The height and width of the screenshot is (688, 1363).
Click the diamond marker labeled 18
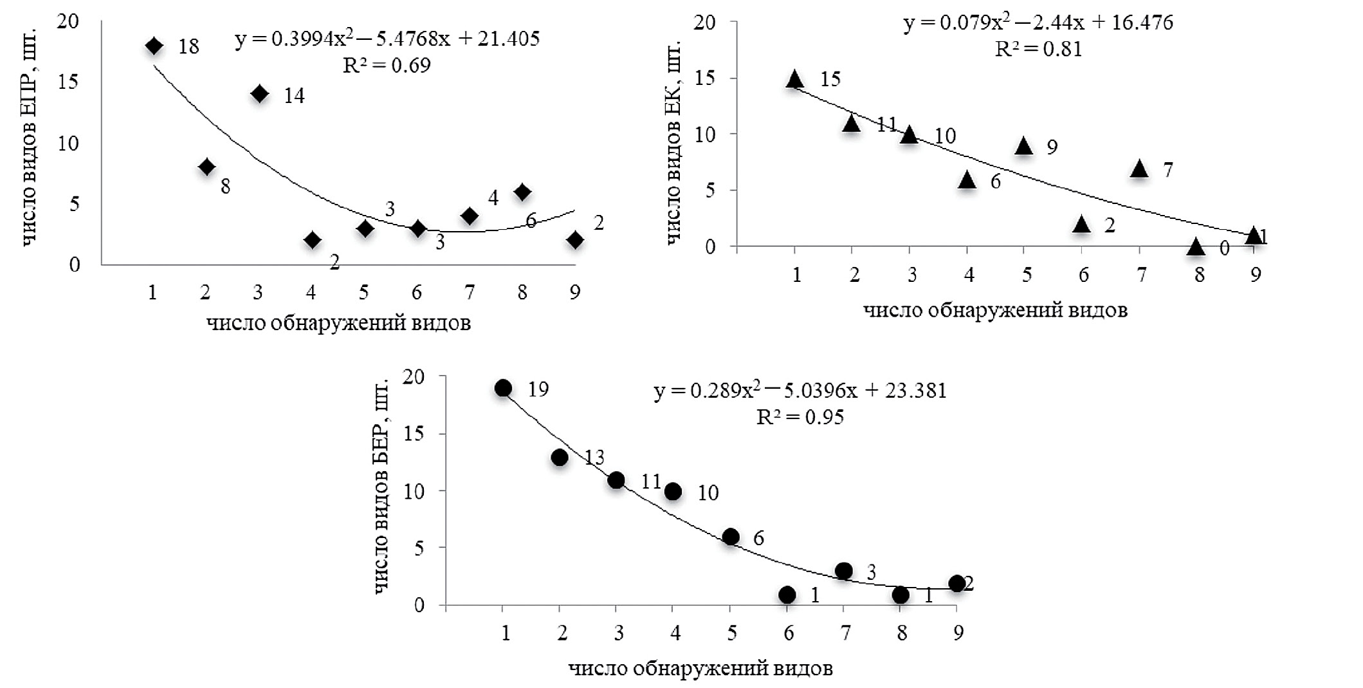click(154, 46)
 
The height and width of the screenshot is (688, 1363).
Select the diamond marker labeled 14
click(259, 94)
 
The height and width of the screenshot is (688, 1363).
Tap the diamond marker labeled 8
click(206, 167)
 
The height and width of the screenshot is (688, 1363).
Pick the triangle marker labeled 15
click(795, 79)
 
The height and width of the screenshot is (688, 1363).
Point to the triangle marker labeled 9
click(1024, 147)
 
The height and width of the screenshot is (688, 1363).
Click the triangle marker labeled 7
click(1139, 169)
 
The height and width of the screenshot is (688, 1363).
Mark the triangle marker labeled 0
click(1196, 247)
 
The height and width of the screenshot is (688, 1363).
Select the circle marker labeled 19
click(503, 388)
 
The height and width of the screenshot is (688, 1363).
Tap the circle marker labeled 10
click(673, 492)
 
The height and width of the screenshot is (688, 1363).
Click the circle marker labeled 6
click(731, 537)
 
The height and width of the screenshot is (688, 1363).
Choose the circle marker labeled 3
click(844, 571)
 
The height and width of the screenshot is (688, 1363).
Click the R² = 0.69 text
click(387, 64)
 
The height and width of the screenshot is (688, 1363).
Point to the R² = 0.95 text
click(800, 417)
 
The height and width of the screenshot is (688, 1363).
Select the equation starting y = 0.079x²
click(1038, 23)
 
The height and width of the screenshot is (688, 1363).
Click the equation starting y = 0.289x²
click(800, 390)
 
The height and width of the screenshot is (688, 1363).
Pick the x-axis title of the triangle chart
click(994, 310)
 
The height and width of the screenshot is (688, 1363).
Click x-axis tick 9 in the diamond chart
click(574, 293)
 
